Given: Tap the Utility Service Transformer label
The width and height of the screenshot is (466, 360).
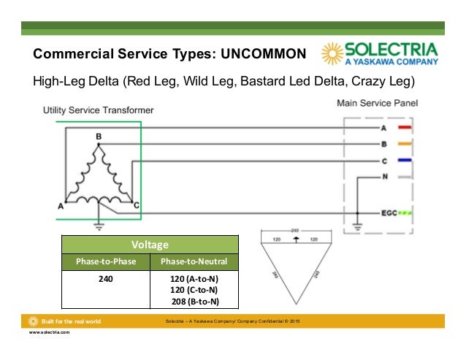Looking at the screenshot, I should click(x=98, y=110).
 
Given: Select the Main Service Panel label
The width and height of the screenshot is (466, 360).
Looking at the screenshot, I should click(x=378, y=104).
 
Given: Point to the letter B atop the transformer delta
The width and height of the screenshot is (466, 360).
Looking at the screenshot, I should click(x=99, y=137).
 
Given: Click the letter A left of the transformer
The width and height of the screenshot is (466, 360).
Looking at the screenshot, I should click(x=61, y=207).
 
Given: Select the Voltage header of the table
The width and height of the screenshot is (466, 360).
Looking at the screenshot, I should click(x=150, y=245).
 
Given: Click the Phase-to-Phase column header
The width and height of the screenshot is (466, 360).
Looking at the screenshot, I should click(x=105, y=261).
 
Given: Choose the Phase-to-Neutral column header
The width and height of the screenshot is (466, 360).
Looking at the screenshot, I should click(x=194, y=261).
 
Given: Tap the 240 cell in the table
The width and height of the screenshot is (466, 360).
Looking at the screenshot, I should click(x=105, y=279).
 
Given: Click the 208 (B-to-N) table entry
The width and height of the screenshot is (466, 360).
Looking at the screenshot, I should click(x=194, y=301).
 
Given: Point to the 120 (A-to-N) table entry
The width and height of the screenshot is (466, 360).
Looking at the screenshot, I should click(x=194, y=279).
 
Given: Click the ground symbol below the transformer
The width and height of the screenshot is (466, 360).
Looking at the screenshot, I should click(x=99, y=225).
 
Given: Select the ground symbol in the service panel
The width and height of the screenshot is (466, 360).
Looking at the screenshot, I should click(x=356, y=225).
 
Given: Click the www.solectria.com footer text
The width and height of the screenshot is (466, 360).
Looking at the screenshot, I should click(x=49, y=332).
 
